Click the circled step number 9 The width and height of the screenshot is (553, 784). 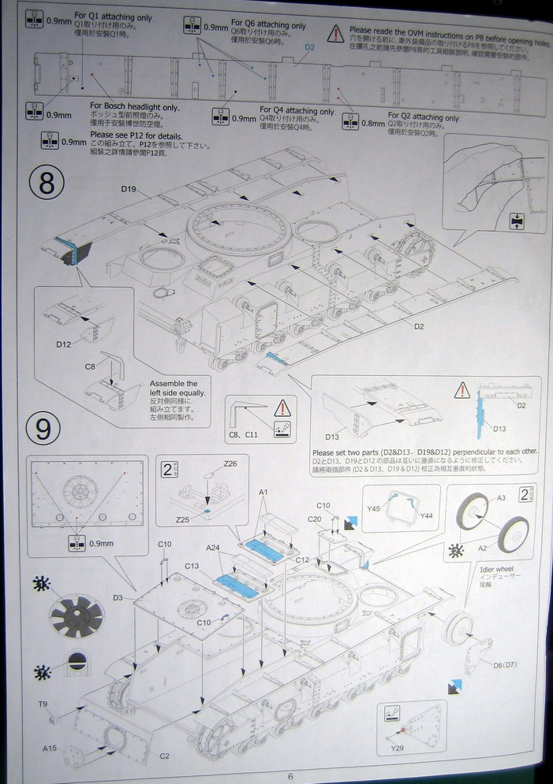(x=43, y=429)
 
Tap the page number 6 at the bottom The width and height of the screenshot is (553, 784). (x=290, y=775)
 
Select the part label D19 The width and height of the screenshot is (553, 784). (x=129, y=189)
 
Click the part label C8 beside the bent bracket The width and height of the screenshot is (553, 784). (x=90, y=366)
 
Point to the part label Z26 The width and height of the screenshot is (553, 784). (x=230, y=463)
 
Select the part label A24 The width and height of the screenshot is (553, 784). (x=213, y=548)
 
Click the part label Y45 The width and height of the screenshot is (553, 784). (x=374, y=508)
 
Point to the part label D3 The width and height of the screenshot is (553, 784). (x=118, y=598)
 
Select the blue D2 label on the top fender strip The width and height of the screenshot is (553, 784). (x=309, y=47)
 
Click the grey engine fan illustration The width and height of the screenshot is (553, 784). (x=77, y=615)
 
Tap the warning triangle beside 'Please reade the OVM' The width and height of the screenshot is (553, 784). (x=336, y=33)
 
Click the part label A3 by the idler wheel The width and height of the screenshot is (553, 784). (x=500, y=497)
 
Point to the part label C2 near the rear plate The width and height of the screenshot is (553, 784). (x=165, y=756)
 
